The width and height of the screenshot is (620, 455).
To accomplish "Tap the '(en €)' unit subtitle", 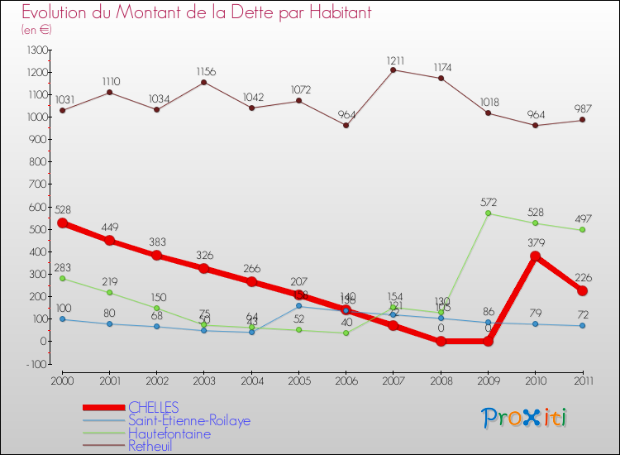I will click(36, 30).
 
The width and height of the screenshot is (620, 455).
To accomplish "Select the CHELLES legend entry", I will click(153, 408).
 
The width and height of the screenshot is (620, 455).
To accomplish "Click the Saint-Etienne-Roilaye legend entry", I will click(188, 420).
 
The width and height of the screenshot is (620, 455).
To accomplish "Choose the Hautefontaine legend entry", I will click(169, 433).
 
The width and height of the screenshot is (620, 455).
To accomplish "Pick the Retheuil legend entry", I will click(150, 446).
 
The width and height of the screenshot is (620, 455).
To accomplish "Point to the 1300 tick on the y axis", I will click(37, 50).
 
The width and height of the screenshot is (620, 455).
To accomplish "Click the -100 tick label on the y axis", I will click(37, 364).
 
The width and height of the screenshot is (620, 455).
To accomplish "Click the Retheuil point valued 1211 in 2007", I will click(393, 69).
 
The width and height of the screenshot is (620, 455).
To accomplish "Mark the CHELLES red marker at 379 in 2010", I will click(535, 256).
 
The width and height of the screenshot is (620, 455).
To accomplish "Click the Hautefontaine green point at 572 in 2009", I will click(488, 213).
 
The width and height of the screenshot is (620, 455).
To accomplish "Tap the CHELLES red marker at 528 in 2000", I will click(63, 223).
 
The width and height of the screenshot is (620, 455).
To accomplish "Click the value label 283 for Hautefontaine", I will click(63, 267).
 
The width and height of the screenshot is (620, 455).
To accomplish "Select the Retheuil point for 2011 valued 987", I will click(582, 120).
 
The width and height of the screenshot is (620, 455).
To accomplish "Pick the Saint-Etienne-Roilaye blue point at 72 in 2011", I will click(582, 325).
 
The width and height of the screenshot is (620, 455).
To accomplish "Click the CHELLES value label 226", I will click(582, 277).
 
